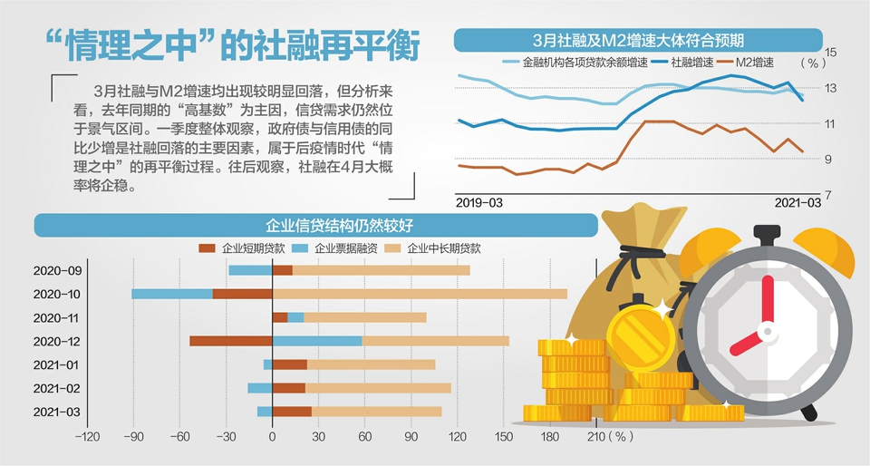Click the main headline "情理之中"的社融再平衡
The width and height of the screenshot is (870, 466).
click(232, 46)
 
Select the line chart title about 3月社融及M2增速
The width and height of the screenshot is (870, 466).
click(638, 41)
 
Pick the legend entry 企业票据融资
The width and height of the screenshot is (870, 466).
click(341, 248)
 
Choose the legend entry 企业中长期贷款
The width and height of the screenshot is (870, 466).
click(443, 248)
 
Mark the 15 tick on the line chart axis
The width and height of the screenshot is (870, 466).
click(832, 51)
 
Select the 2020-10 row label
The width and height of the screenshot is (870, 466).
click(57, 294)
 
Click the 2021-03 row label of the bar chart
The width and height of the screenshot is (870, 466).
click(57, 412)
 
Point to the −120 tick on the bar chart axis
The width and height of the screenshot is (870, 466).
click(87, 437)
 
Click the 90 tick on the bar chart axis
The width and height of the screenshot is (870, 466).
click(411, 437)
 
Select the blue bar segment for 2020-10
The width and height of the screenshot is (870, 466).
click(172, 294)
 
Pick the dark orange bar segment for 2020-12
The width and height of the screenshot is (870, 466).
click(231, 341)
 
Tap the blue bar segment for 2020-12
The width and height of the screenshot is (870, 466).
click(317, 341)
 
